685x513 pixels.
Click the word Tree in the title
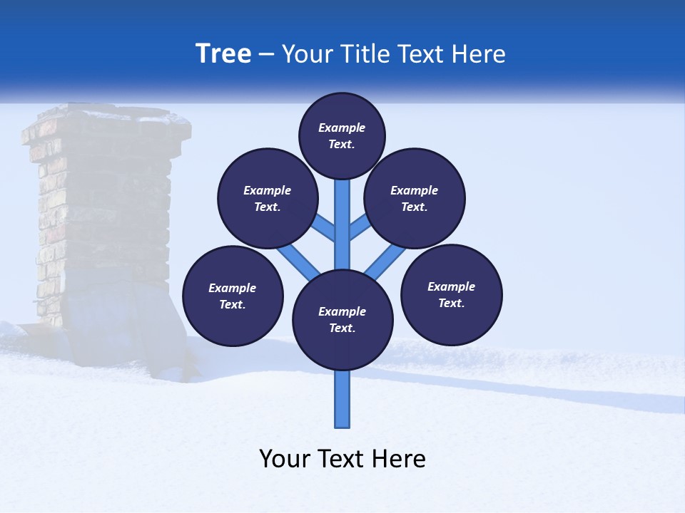click(223, 54)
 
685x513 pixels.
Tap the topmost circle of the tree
click(342, 135)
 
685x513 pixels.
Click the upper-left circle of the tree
click(268, 198)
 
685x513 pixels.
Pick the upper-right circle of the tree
click(415, 198)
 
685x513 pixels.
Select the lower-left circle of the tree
click(233, 296)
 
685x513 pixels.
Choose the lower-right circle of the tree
click(452, 294)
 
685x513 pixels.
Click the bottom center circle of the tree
click(342, 320)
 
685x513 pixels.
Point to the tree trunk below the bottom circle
click(342, 399)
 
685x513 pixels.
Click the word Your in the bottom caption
click(284, 459)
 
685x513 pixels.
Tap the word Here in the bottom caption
click(400, 459)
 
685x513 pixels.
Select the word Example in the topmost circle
click(342, 128)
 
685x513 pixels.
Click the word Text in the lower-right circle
click(450, 303)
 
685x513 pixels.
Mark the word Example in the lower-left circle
click(233, 288)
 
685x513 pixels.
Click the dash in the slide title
click(266, 54)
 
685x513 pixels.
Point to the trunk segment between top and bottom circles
click(342, 228)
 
